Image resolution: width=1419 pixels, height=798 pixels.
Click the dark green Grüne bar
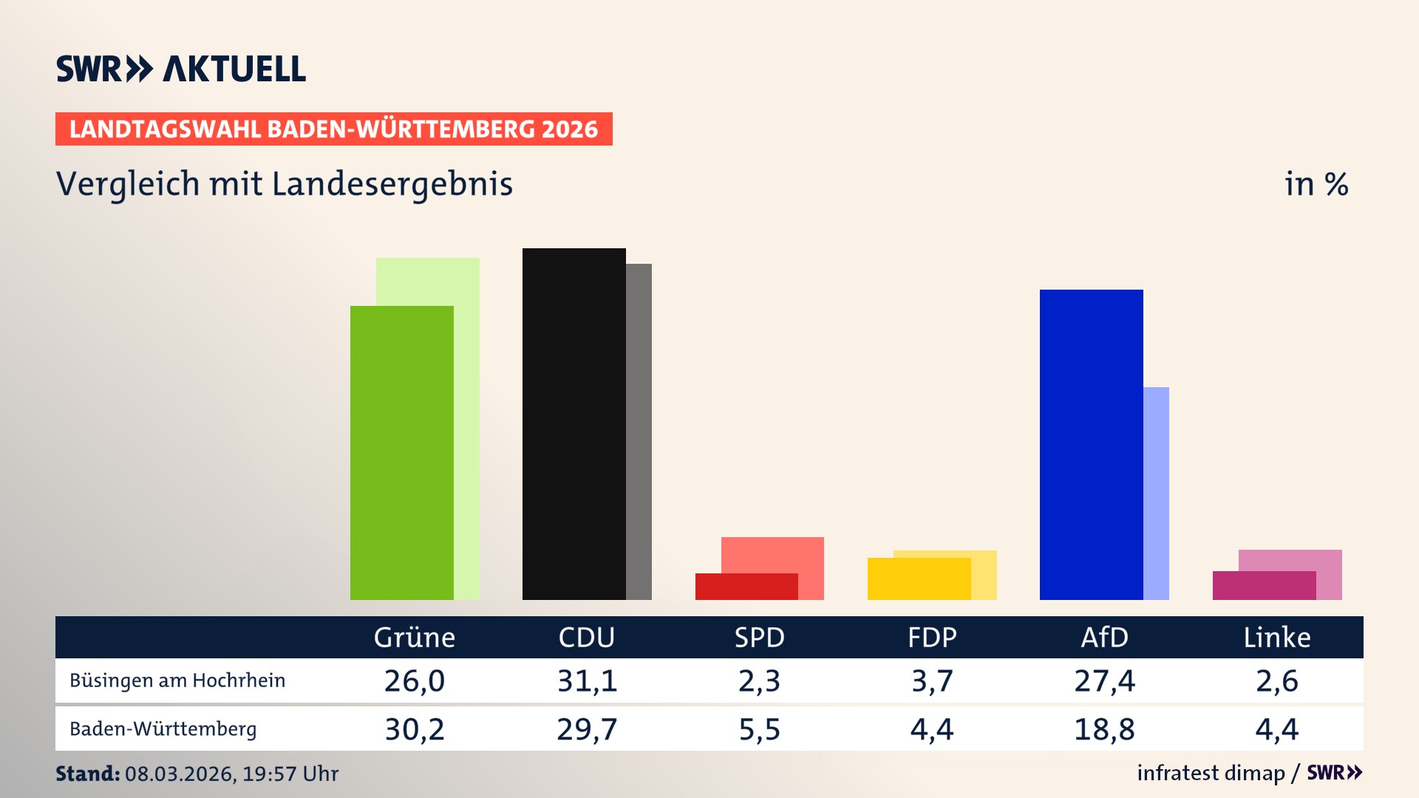pyautogui.click(x=401, y=452)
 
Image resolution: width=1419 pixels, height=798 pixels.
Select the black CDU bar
pyautogui.click(x=574, y=423)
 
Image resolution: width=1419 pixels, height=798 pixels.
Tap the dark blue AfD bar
pyautogui.click(x=1091, y=444)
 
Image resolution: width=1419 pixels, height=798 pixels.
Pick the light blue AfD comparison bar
pyautogui.click(x=1156, y=493)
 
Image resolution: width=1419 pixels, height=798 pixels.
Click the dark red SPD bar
pyautogui.click(x=746, y=586)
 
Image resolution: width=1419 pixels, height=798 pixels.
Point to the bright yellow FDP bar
pyautogui.click(x=919, y=579)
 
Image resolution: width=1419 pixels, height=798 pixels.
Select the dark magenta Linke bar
pyautogui.click(x=1264, y=585)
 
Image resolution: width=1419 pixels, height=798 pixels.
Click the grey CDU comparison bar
pyautogui.click(x=639, y=432)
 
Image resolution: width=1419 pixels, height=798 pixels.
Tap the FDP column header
pyautogui.click(x=932, y=637)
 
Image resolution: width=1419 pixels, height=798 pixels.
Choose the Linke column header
pyautogui.click(x=1276, y=637)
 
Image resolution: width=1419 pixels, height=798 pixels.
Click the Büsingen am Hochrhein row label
pyautogui.click(x=177, y=681)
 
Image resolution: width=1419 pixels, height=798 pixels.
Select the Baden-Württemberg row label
pyautogui.click(x=163, y=729)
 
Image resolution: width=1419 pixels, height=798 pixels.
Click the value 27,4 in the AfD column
pyautogui.click(x=1104, y=681)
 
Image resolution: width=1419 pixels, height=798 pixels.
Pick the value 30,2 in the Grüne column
pyautogui.click(x=415, y=729)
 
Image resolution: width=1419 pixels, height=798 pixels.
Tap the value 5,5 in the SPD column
pyautogui.click(x=759, y=729)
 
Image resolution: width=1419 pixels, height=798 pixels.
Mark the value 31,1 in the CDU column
pyautogui.click(x=587, y=681)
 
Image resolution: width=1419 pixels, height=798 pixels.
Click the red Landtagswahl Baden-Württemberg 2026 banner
pyautogui.click(x=333, y=129)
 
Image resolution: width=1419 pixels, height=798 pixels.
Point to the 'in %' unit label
pyautogui.click(x=1316, y=184)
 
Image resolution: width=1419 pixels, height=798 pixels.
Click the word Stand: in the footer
pyautogui.click(x=87, y=774)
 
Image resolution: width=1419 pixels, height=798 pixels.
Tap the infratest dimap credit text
pyautogui.click(x=1211, y=773)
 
